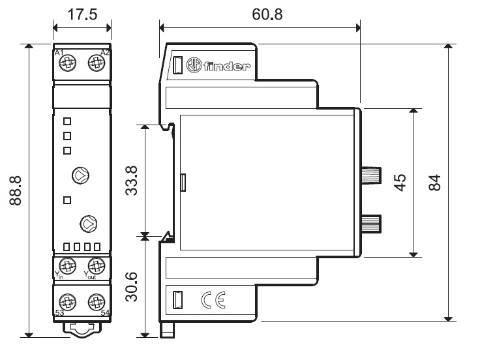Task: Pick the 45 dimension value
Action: [x=400, y=182]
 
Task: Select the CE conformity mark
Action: [x=213, y=300]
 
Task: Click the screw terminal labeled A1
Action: [x=67, y=63]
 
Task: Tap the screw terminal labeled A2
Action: [x=96, y=63]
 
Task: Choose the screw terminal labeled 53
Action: [x=67, y=302]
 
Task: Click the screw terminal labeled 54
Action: [x=96, y=302]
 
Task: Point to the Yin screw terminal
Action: [x=67, y=265]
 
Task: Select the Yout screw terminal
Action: [x=96, y=265]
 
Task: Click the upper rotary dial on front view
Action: [x=80, y=174]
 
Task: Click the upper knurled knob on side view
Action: [x=372, y=175]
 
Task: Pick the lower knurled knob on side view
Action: [x=372, y=223]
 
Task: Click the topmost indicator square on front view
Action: [x=67, y=121]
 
